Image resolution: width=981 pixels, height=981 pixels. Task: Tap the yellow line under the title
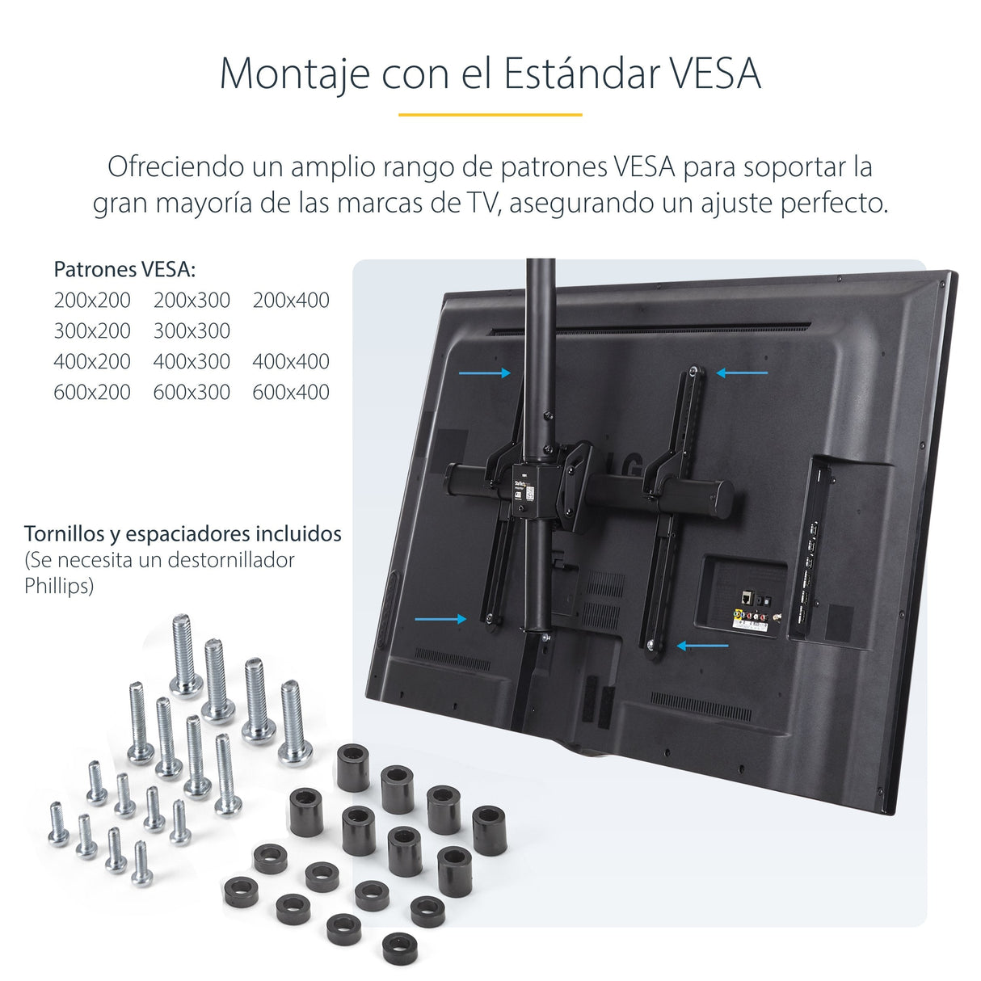click(490, 115)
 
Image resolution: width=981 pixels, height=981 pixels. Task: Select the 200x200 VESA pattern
click(92, 301)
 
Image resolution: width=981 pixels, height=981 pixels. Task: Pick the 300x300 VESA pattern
click(192, 331)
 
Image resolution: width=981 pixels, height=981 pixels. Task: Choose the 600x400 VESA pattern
click(291, 393)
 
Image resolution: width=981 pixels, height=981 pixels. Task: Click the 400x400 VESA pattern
click(291, 362)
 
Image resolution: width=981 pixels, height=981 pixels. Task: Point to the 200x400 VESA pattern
click(291, 301)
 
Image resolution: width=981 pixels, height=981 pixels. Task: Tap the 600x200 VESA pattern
click(92, 393)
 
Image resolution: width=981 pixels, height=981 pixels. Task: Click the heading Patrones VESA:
click(124, 269)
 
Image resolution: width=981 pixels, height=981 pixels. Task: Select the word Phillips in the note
click(58, 586)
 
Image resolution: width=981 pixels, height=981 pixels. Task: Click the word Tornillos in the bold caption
click(64, 534)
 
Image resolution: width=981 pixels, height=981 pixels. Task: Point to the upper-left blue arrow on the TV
click(485, 373)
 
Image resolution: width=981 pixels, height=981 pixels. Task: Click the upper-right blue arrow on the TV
click(742, 373)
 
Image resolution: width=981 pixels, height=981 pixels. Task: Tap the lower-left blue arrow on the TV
click(440, 619)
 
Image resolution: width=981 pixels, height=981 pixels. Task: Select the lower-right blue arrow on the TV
click(702, 646)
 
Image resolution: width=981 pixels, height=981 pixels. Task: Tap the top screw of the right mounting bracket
click(694, 372)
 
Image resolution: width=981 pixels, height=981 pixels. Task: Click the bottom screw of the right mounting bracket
click(652, 644)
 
